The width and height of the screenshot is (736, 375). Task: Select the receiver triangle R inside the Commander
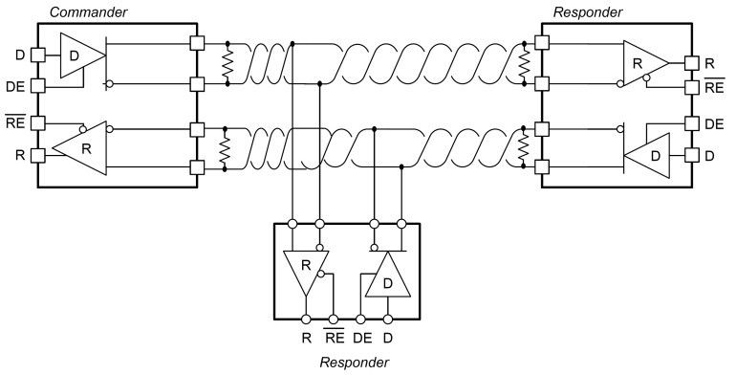click(x=81, y=148)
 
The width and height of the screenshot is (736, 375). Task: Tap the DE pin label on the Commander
click(x=15, y=86)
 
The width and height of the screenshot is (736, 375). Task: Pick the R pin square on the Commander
click(x=38, y=153)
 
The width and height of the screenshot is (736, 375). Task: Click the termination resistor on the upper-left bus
click(x=227, y=64)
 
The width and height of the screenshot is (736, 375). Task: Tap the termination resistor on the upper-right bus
click(x=524, y=64)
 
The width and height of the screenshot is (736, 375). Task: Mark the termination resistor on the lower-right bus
click(x=524, y=150)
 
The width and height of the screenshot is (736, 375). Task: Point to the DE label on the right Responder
click(x=713, y=124)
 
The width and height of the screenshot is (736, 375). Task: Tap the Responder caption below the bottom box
click(x=355, y=362)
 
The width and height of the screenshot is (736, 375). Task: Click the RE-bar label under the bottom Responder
click(x=335, y=337)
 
